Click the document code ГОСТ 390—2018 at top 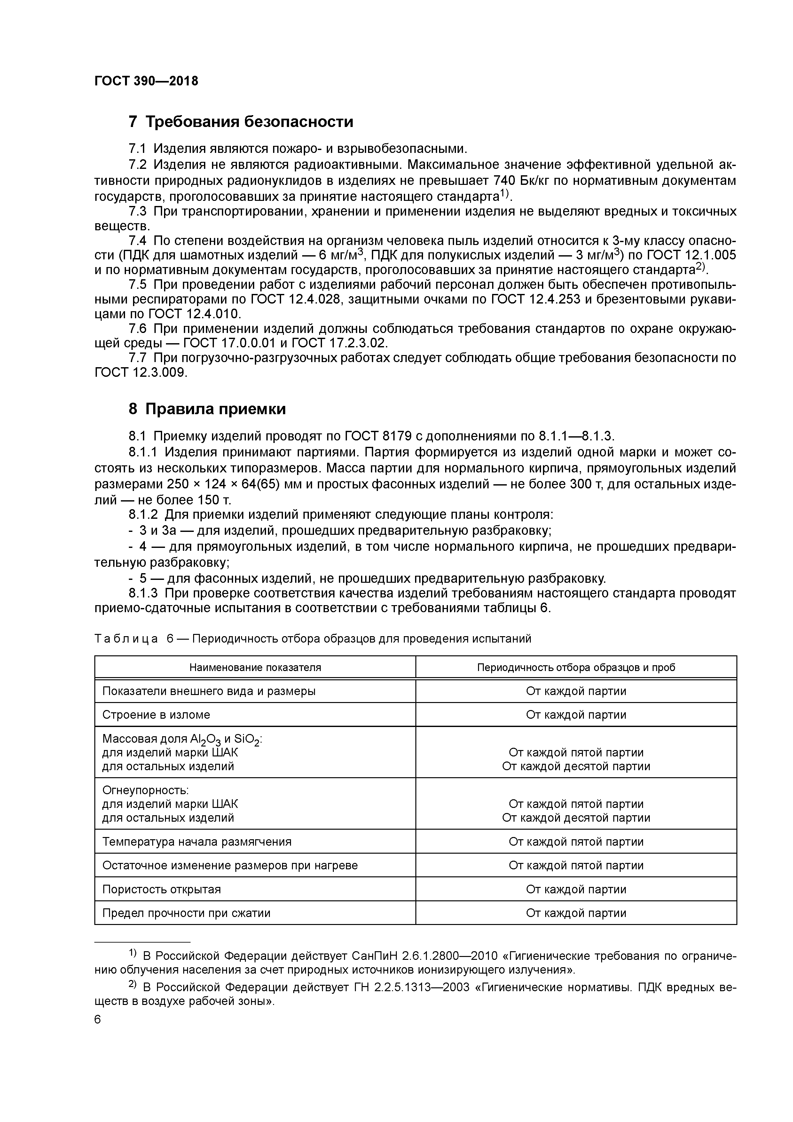(146, 81)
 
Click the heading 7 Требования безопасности (240, 121)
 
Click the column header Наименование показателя (255, 668)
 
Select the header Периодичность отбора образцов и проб (576, 668)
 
